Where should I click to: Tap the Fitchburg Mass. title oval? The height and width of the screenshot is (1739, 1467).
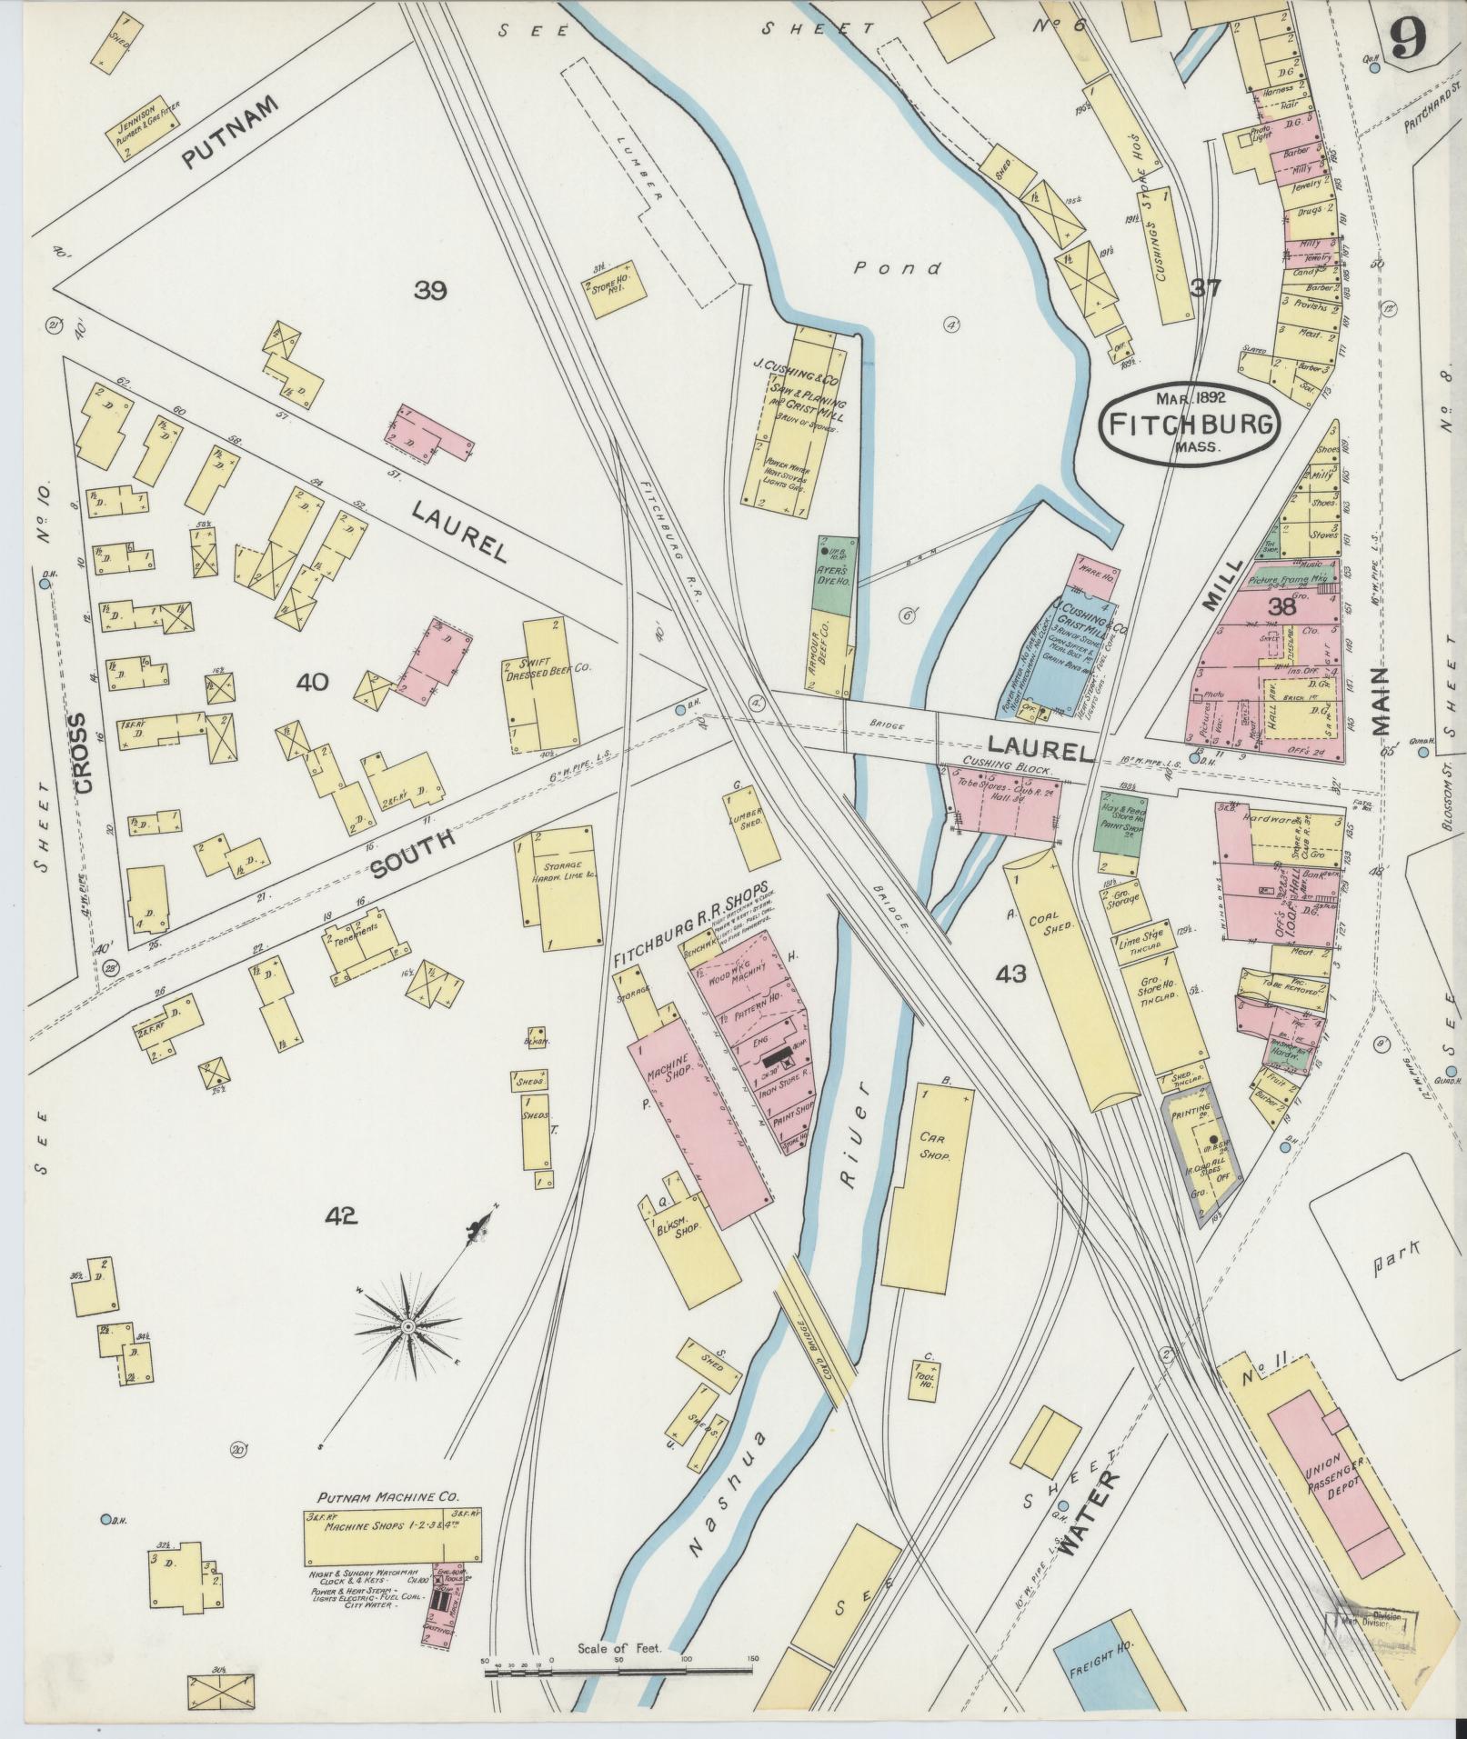click(x=1190, y=425)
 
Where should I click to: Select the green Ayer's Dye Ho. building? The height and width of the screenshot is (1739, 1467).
click(x=834, y=574)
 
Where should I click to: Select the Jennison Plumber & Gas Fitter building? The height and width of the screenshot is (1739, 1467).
click(x=143, y=126)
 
